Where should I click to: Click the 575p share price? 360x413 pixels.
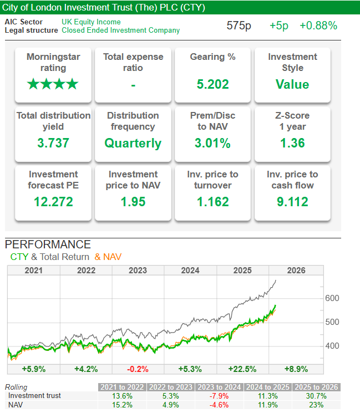[239, 26]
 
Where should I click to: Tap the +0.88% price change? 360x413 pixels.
[318, 26]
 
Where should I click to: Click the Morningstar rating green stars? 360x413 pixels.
[53, 85]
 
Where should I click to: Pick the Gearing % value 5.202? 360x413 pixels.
[212, 85]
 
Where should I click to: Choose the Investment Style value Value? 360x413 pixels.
[292, 85]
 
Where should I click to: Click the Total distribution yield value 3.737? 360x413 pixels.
[53, 143]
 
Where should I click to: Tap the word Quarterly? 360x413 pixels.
[133, 143]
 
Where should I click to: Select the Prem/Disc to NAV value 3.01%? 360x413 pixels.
[212, 143]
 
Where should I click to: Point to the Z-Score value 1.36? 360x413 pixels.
[292, 143]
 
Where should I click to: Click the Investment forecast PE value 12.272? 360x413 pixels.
[53, 202]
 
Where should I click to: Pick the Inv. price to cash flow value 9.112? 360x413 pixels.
[292, 202]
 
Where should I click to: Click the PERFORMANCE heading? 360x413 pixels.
[48, 244]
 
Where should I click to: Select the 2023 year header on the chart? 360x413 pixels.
[138, 271]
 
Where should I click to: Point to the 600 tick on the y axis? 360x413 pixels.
[332, 298]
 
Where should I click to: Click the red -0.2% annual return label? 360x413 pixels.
[138, 369]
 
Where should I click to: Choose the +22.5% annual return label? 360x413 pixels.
[242, 369]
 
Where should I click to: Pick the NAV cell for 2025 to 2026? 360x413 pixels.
[316, 405]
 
